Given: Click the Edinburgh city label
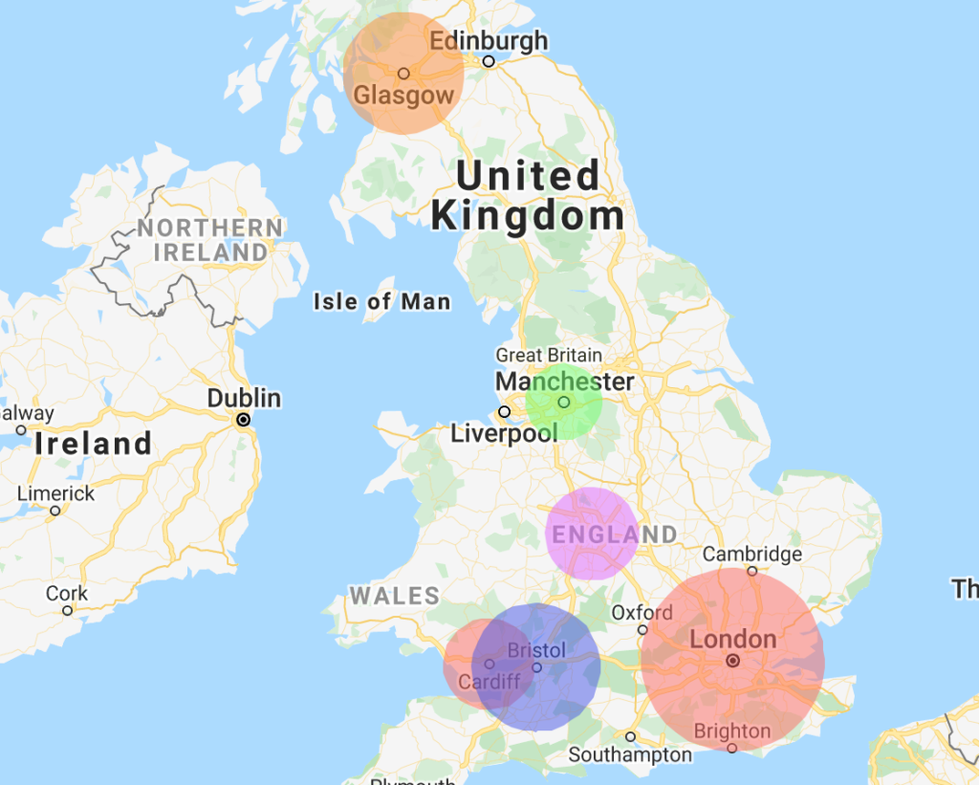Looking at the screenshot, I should pyautogui.click(x=489, y=41).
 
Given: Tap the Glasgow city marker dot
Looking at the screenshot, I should pyautogui.click(x=403, y=74).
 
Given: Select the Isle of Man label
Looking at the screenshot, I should pyautogui.click(x=381, y=302).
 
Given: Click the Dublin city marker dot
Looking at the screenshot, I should pyautogui.click(x=244, y=420).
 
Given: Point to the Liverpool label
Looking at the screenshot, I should pyautogui.click(x=504, y=434).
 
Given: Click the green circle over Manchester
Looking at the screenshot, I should pyautogui.click(x=564, y=403).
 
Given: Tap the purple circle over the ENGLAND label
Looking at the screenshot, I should pyautogui.click(x=592, y=534).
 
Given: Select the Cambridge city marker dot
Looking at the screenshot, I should pyautogui.click(x=752, y=572).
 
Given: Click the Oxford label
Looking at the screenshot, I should pyautogui.click(x=642, y=612).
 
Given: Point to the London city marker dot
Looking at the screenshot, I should pyautogui.click(x=732, y=661).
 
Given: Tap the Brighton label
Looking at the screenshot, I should pyautogui.click(x=732, y=731).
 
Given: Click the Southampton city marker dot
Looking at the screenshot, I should pyautogui.click(x=630, y=736).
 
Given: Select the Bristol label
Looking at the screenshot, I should pyautogui.click(x=536, y=650).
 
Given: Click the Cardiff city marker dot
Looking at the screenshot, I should pyautogui.click(x=489, y=664).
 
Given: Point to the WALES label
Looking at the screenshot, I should pyautogui.click(x=394, y=597).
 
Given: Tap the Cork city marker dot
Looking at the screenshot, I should pyautogui.click(x=67, y=610).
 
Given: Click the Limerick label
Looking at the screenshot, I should pyautogui.click(x=56, y=493).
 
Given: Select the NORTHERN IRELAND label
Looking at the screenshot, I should pyautogui.click(x=210, y=240).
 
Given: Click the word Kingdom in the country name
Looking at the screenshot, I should pyautogui.click(x=528, y=217).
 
